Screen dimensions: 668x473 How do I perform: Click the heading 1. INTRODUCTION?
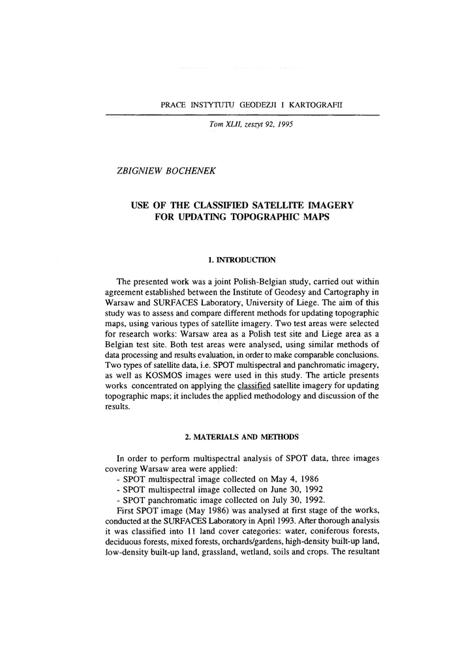click(237, 260)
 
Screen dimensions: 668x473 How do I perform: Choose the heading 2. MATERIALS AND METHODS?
click(236, 435)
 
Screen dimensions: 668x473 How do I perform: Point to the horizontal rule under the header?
click(242, 115)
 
